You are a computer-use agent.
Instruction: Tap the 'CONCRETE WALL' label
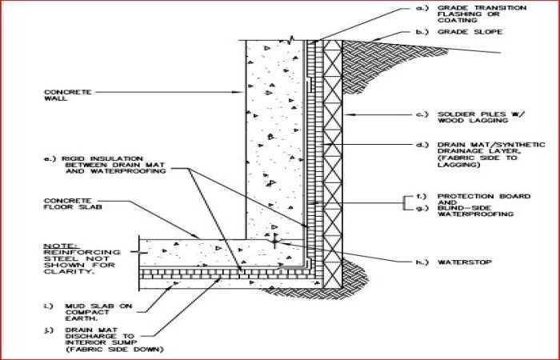(x=62, y=96)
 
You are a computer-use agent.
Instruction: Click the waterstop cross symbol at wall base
(x=274, y=238)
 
